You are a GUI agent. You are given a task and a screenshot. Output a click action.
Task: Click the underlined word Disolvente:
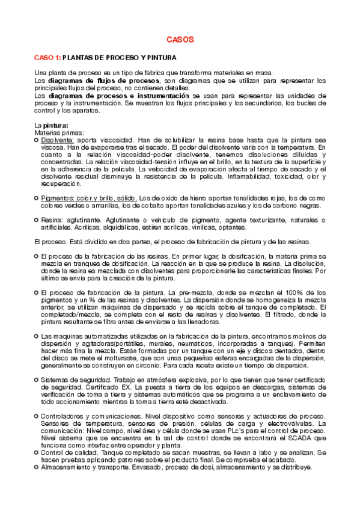click(x=58, y=140)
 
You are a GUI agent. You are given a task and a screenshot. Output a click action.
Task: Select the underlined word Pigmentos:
click(x=59, y=198)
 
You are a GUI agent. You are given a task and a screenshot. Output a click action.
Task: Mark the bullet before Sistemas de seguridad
click(x=36, y=380)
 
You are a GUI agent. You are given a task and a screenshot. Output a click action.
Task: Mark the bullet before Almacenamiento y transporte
click(x=36, y=467)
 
